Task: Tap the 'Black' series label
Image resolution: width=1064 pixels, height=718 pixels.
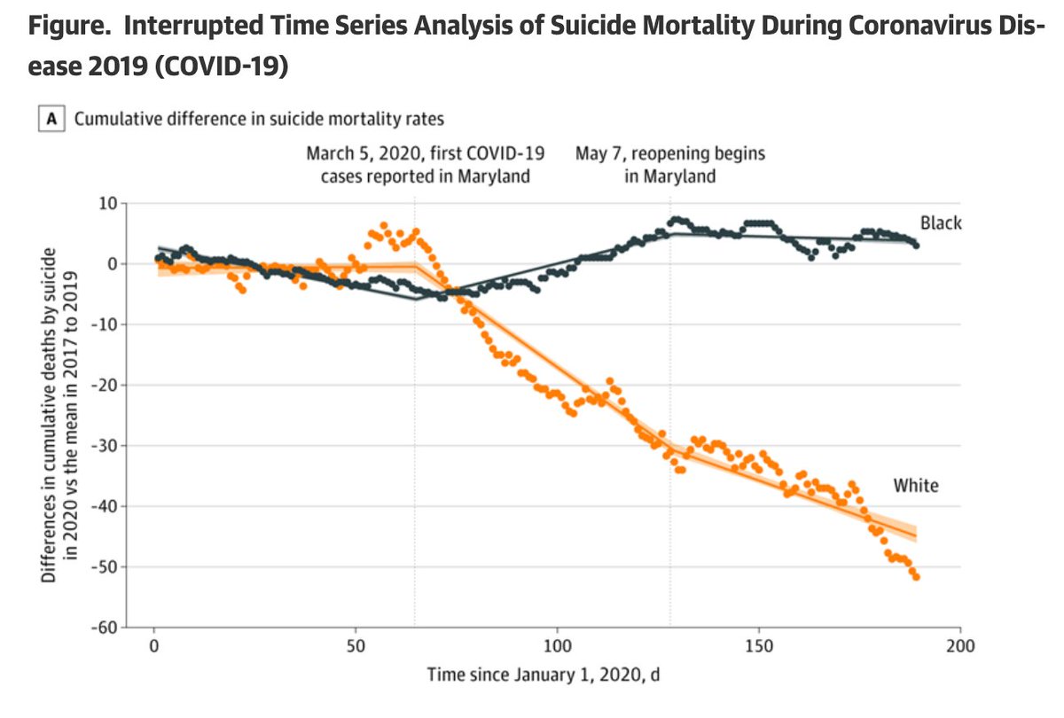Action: [940, 224]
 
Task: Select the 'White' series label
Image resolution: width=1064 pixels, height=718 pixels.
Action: [915, 485]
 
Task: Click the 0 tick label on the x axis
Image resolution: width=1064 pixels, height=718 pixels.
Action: [154, 645]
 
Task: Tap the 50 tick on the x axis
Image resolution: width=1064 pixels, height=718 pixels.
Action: [356, 645]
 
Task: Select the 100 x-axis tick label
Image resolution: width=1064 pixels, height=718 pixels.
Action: [557, 645]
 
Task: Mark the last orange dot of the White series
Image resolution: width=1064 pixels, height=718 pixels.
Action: [916, 577]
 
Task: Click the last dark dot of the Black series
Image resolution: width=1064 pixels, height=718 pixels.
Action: [916, 245]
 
